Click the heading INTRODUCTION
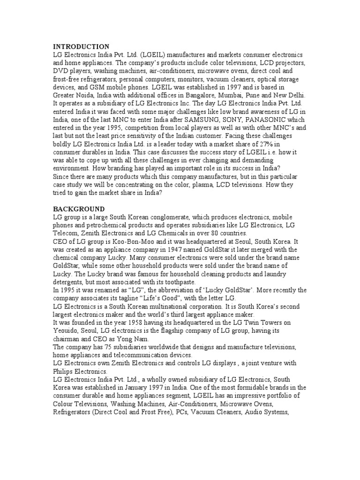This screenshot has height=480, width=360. click(81, 47)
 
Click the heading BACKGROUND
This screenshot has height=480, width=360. click(79, 209)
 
